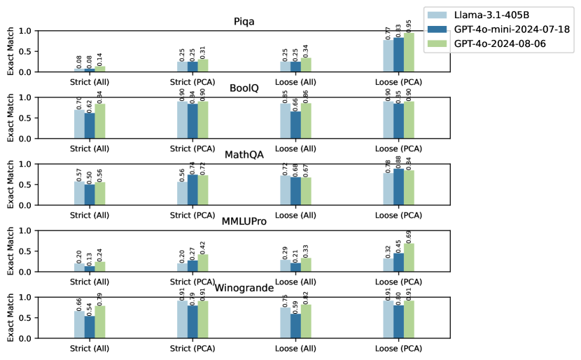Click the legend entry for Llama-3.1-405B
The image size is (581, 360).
(x=498, y=15)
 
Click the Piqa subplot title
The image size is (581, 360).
(x=244, y=22)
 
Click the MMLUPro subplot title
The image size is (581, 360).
(x=244, y=221)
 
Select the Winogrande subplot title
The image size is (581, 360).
(x=244, y=288)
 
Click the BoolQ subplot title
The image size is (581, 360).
(x=244, y=88)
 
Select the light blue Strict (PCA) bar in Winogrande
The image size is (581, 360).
(x=182, y=319)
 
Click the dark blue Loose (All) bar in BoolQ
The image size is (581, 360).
(x=295, y=125)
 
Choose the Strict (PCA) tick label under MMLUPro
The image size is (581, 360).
(x=192, y=281)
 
